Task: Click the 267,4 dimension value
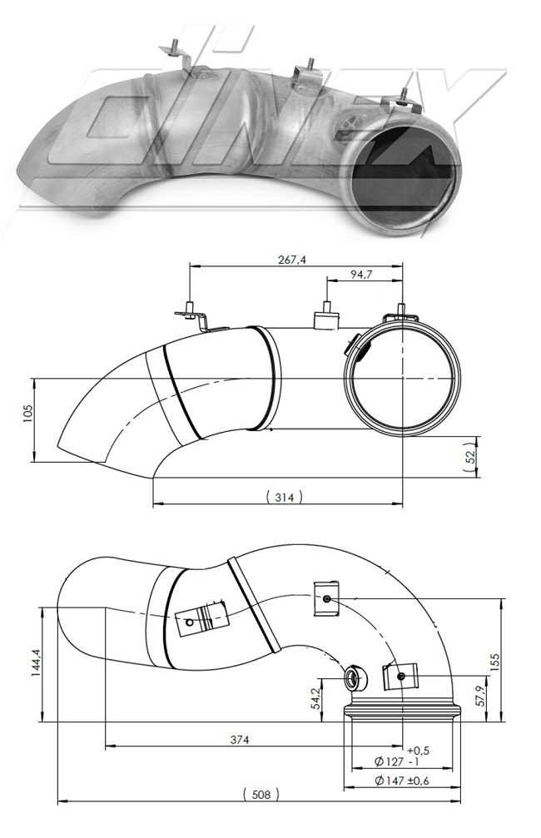coord(292,260)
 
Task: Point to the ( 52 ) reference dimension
coord(469,456)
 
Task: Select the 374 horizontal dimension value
coord(240,739)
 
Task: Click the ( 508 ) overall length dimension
coord(261,795)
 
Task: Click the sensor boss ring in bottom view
coord(353,678)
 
